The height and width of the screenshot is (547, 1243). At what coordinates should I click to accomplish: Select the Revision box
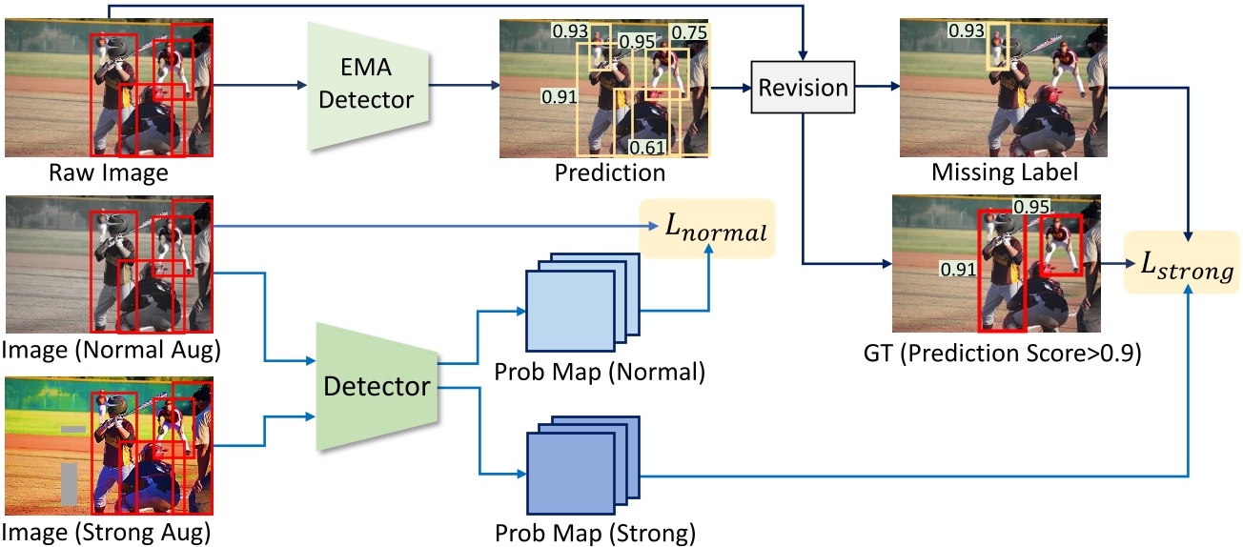click(803, 88)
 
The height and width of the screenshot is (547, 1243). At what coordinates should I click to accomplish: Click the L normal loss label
click(708, 229)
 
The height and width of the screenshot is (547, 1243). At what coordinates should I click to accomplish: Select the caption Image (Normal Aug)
click(112, 350)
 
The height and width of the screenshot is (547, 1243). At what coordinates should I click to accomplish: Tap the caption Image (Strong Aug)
click(108, 530)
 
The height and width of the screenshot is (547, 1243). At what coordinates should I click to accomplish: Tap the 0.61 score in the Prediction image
click(646, 146)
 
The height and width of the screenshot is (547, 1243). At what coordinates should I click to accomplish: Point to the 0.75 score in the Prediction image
click(689, 33)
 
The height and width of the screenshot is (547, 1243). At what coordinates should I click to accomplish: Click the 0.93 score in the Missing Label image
click(966, 30)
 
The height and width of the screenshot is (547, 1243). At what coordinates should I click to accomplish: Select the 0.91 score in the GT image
click(957, 270)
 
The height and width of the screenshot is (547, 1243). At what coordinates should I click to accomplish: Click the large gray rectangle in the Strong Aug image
click(68, 483)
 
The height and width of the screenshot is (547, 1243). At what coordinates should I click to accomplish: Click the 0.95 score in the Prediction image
click(637, 41)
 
